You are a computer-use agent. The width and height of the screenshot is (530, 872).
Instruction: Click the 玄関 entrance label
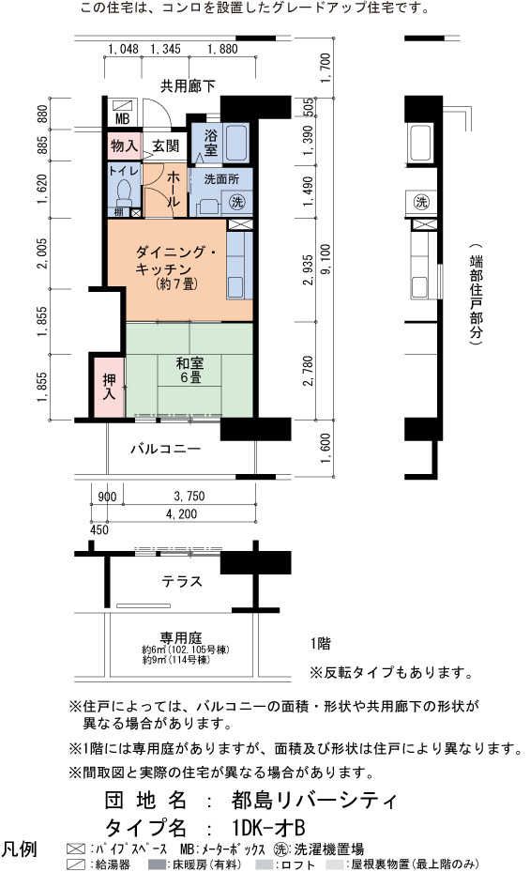point(165,145)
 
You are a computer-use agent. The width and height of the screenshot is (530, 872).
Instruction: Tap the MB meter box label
point(122,118)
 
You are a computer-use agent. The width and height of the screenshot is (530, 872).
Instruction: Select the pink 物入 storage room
point(125,145)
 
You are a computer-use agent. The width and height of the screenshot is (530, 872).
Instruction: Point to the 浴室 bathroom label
point(210,143)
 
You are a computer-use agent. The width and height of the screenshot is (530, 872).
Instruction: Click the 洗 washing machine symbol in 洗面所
point(237,202)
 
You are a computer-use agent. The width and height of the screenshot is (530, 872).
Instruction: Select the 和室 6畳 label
point(189,371)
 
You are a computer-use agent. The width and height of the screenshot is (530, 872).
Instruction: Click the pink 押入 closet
point(109,387)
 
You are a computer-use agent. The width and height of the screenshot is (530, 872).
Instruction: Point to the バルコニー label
point(165,449)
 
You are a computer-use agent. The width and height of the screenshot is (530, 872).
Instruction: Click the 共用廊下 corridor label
point(188,86)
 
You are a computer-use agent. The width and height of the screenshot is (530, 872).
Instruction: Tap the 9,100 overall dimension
point(326,259)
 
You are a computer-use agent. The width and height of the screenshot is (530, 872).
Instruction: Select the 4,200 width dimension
point(182,514)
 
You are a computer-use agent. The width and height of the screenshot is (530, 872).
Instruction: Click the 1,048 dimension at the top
point(123,49)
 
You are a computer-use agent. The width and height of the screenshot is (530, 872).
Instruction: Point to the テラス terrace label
point(182,582)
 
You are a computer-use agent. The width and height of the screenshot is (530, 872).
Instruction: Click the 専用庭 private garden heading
point(180,637)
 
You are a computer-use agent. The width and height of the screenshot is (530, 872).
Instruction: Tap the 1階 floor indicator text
point(321,644)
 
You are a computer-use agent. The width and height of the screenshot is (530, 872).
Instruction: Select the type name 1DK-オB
point(268,828)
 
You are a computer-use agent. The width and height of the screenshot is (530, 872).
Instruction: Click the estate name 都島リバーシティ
point(314,801)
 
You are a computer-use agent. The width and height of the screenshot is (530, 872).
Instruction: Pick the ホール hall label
point(174,189)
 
